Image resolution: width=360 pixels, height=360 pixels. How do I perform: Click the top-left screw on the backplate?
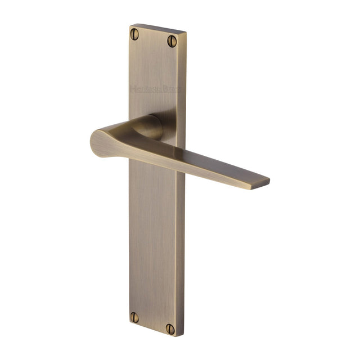(x=135, y=34)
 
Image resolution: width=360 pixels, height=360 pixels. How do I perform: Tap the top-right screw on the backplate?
(x=172, y=40)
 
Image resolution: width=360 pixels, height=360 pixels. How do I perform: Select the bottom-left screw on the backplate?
(x=134, y=317)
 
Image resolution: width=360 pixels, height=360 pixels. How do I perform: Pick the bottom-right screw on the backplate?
(x=172, y=327)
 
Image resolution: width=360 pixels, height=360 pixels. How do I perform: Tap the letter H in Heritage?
(x=133, y=88)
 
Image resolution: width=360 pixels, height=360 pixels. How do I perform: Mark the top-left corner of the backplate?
(x=129, y=26)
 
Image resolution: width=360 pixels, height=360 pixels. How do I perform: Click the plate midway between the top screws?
(x=154, y=38)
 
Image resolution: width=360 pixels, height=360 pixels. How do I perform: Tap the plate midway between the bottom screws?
(x=153, y=322)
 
